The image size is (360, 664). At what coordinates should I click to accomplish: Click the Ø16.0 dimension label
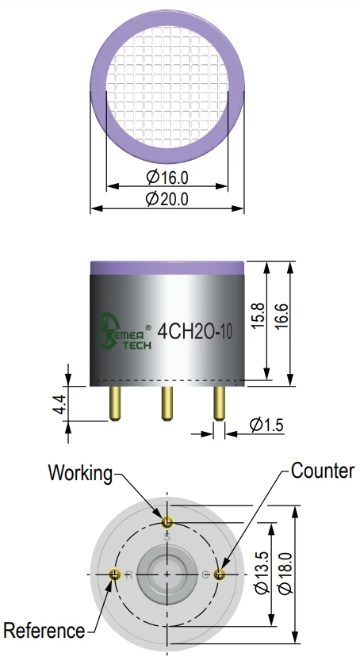167,177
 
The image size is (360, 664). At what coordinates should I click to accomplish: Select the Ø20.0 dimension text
167,199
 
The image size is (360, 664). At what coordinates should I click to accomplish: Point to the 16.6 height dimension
281,316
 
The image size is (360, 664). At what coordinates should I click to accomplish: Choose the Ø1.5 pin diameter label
266,425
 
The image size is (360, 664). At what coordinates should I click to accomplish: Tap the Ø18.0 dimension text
285,574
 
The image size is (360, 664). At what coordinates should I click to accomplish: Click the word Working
81,473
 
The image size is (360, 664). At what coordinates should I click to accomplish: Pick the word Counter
323,471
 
